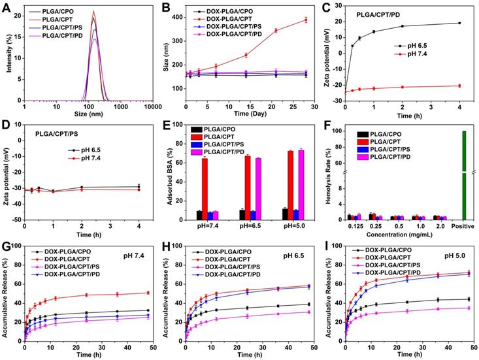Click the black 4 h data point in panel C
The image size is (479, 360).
(459, 23)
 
